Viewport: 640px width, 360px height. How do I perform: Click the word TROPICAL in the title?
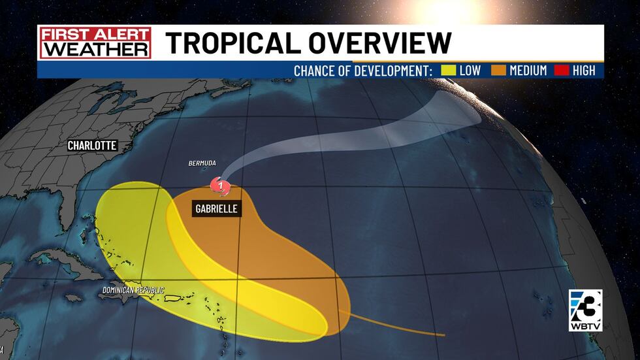[236, 43]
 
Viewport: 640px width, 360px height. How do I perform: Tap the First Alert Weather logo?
[95, 42]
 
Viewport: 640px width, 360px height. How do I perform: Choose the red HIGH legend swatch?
[561, 70]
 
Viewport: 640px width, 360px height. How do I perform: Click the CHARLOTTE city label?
[92, 146]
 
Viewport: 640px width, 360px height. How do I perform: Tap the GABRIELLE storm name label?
[215, 209]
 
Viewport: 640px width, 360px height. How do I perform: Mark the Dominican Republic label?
[133, 290]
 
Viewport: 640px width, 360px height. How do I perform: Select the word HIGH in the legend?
[584, 70]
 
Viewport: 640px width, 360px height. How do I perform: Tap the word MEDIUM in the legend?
[528, 70]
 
